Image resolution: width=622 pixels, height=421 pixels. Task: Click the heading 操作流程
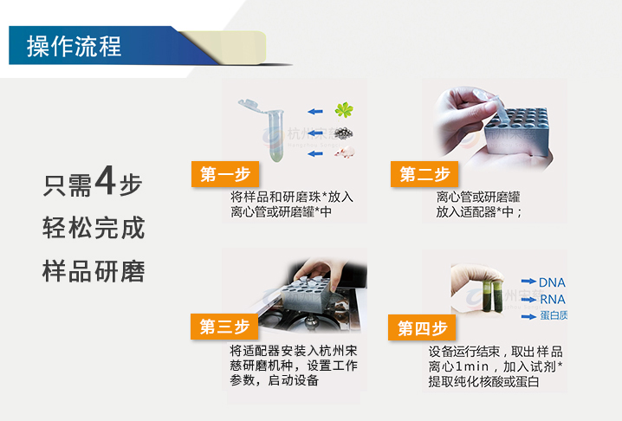(x=74, y=46)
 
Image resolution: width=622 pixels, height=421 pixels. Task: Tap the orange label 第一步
(x=224, y=174)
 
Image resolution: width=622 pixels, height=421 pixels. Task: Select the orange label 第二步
(x=424, y=174)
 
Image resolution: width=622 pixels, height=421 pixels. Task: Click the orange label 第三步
(x=224, y=327)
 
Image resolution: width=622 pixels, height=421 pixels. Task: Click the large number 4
(x=106, y=183)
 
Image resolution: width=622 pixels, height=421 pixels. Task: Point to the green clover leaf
(x=345, y=110)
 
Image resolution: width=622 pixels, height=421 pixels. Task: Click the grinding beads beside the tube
(x=344, y=133)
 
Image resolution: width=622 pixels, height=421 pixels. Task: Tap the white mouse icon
(x=345, y=153)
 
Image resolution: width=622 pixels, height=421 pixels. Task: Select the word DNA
(x=552, y=282)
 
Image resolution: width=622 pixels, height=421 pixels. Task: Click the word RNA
(x=552, y=300)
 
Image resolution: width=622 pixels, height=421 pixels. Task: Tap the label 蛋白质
(x=554, y=316)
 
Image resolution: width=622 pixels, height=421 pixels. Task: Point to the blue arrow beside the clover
(x=316, y=111)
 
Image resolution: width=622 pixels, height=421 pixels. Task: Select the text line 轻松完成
(x=94, y=229)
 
